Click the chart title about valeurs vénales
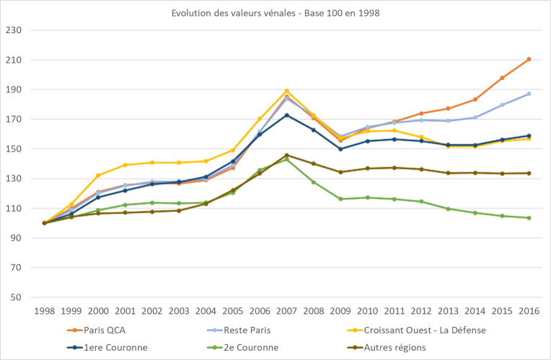(275, 13)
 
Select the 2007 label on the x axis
(286, 311)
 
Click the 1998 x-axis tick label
(44, 311)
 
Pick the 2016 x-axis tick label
(529, 311)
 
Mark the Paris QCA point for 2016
(529, 59)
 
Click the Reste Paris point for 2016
(529, 94)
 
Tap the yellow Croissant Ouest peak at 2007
(286, 91)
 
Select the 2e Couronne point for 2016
(529, 218)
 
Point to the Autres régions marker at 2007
(286, 155)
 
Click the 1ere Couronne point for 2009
(340, 149)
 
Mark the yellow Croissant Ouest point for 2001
(125, 165)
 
